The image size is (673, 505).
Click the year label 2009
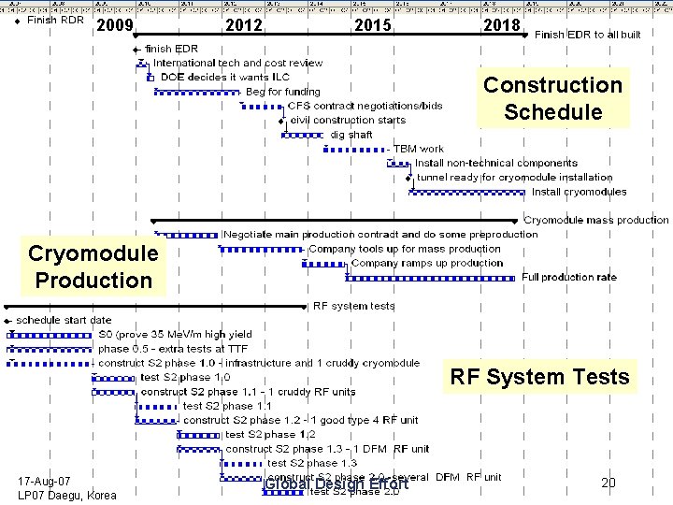tap(116, 25)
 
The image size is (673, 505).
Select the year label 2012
tap(245, 25)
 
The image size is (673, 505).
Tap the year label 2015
tap(373, 25)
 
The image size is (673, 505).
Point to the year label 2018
tap(501, 25)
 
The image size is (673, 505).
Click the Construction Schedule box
tap(552, 98)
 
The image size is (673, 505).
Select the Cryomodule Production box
tap(93, 267)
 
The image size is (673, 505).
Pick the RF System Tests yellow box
tap(539, 378)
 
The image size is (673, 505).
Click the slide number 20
tap(609, 483)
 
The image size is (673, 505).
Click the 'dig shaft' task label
tap(351, 135)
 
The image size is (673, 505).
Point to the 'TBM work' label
tap(419, 149)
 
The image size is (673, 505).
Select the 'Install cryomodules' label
tap(580, 192)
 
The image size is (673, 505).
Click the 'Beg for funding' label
tap(282, 92)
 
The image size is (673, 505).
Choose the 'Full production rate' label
tap(569, 277)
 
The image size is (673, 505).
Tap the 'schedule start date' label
tap(64, 320)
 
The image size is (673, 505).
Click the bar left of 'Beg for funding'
tap(197, 93)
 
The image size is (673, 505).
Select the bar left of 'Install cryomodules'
tap(467, 193)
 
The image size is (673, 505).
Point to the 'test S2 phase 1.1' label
tap(227, 406)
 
